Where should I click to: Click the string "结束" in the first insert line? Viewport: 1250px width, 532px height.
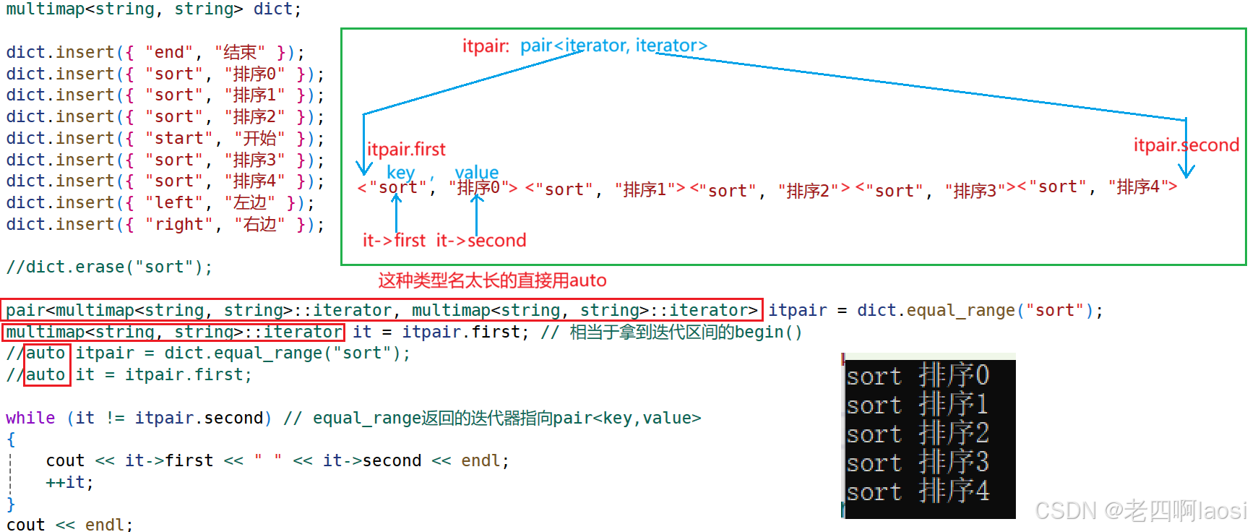240,53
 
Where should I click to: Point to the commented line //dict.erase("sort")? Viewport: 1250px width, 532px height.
109,267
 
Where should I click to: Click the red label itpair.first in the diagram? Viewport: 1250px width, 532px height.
406,150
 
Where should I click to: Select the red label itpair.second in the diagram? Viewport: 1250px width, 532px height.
1186,145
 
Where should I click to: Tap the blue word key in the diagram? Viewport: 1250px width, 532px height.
400,172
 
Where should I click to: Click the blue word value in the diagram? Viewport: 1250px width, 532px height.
477,172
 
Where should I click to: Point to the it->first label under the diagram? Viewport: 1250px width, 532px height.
394,241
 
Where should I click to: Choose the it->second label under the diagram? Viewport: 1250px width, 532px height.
481,241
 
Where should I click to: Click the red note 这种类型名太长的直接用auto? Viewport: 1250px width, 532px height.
492,280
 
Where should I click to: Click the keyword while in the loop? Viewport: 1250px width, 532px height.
30,419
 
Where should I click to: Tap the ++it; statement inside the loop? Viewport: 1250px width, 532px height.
69,483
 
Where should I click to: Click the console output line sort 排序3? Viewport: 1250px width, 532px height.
918,463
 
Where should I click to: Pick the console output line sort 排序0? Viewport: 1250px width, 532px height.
918,376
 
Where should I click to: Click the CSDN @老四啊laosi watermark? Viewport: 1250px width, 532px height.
1140,511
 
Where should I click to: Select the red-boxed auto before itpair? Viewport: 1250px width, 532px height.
46,353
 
